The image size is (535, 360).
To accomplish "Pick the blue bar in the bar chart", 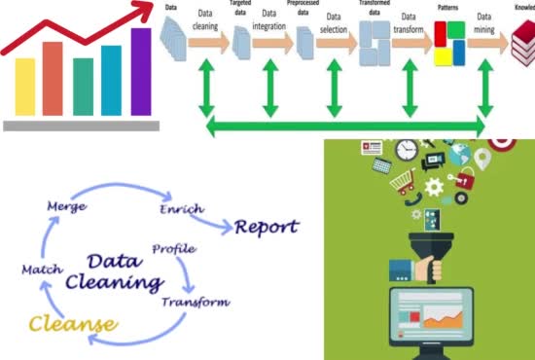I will pyautogui.click(x=112, y=79).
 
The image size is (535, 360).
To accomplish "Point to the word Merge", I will pyautogui.click(x=67, y=207).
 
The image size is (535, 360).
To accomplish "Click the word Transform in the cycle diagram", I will pyautogui.click(x=197, y=303).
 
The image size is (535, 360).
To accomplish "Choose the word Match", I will pyautogui.click(x=43, y=268).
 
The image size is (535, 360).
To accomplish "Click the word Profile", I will pyautogui.click(x=173, y=249).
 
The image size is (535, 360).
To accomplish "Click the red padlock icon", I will pyautogui.click(x=466, y=180).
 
